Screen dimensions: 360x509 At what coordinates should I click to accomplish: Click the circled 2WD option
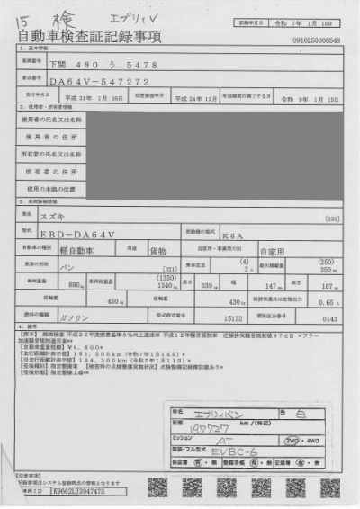point(292,442)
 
